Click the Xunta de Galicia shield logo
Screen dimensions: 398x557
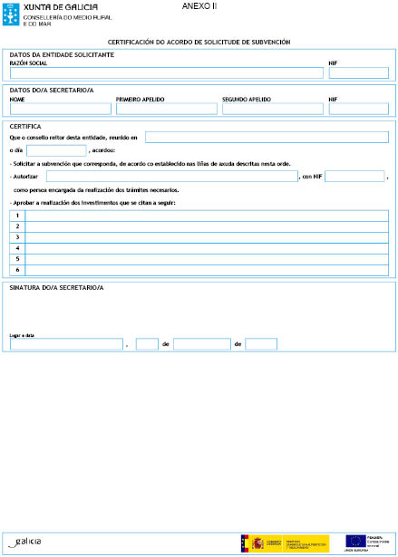(x=11, y=14)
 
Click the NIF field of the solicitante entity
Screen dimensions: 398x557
(x=359, y=72)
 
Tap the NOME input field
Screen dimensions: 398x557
(x=60, y=109)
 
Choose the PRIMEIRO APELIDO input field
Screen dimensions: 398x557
(x=167, y=109)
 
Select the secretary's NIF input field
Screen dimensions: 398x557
(x=359, y=109)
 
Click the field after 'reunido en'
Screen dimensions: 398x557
(x=267, y=137)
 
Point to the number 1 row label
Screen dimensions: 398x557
(x=16, y=216)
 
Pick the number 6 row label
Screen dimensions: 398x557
(x=16, y=270)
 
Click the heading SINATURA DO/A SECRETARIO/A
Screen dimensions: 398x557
(x=56, y=288)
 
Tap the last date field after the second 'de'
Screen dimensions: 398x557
(x=261, y=344)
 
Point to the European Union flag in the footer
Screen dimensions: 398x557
(x=354, y=542)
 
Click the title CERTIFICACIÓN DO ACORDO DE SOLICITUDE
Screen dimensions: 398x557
(x=199, y=43)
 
